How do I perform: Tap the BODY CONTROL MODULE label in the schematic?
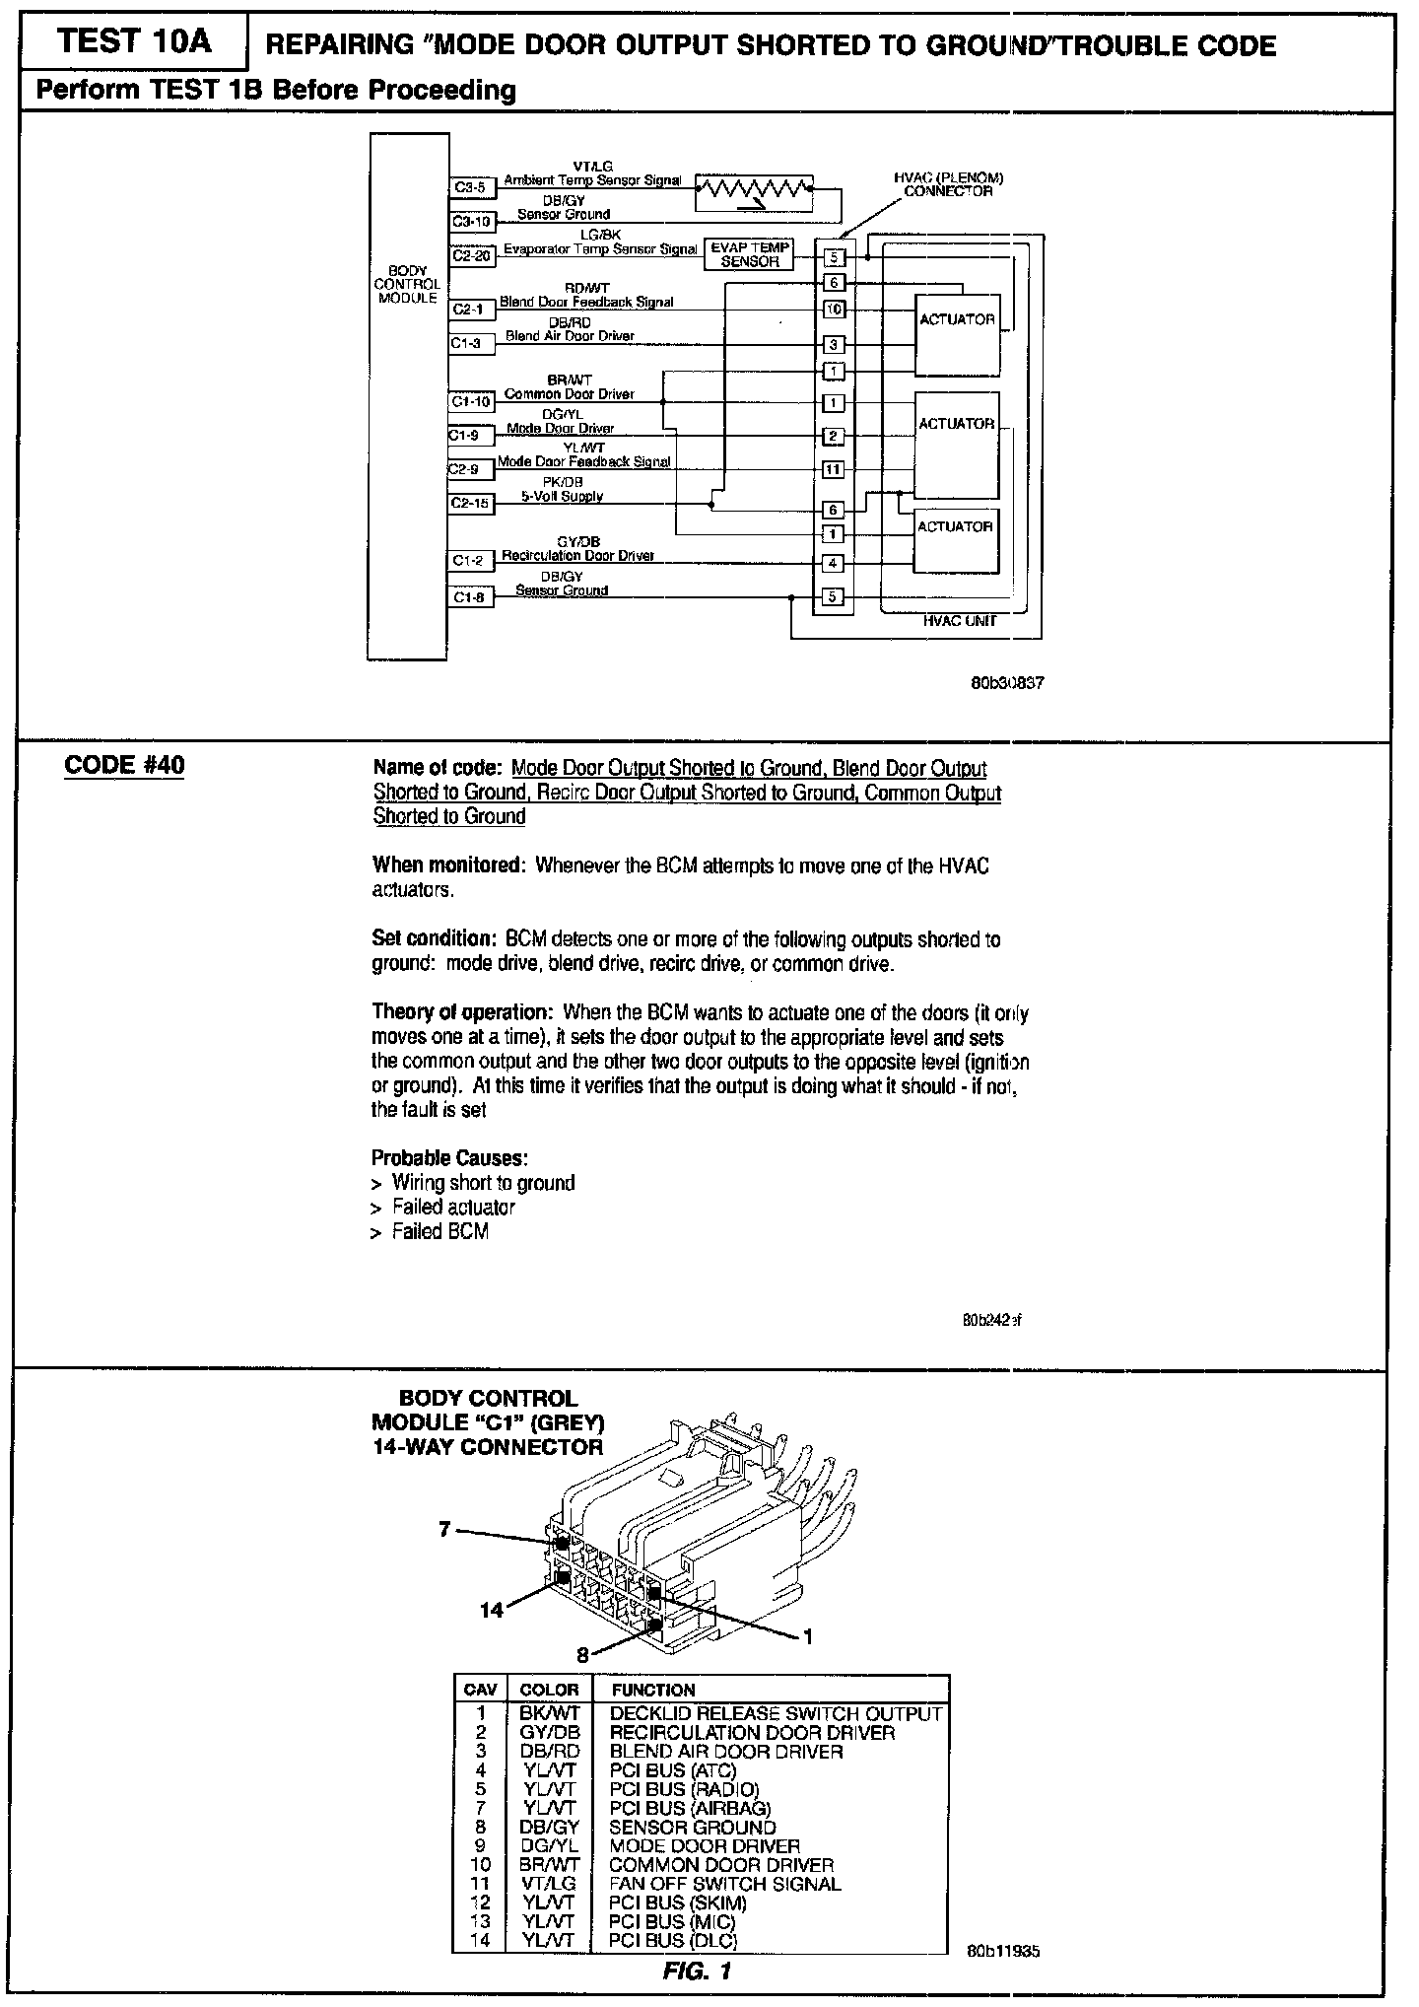coord(407,284)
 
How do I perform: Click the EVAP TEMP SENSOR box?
coord(750,255)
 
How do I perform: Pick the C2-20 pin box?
coord(471,255)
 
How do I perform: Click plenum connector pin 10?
coord(834,310)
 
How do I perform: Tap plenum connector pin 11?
coord(834,469)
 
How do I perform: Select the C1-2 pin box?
coord(469,561)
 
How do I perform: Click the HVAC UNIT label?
coord(959,621)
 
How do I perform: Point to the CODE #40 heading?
coord(124,766)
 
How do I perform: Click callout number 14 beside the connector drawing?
coord(492,1610)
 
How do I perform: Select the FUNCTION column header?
coord(653,1690)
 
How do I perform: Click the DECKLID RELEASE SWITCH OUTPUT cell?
coord(776,1713)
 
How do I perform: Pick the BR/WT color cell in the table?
coord(549,1865)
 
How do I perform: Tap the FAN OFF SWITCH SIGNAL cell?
coord(725,1884)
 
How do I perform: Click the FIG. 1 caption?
coord(697,1970)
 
